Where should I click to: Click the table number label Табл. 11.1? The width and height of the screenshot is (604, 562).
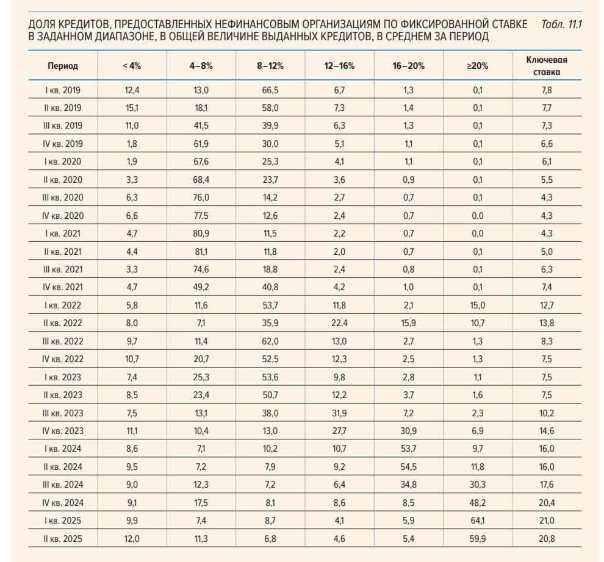pyautogui.click(x=561, y=24)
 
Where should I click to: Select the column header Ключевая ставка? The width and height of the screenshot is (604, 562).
pyautogui.click(x=547, y=66)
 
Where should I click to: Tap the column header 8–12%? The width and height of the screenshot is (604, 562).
pyautogui.click(x=270, y=66)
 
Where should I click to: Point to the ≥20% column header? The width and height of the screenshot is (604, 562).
pyautogui.click(x=478, y=66)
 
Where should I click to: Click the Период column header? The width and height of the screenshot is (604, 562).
pyautogui.click(x=63, y=66)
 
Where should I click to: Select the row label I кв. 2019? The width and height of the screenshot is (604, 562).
pyautogui.click(x=63, y=90)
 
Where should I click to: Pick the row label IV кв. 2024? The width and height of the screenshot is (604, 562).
pyautogui.click(x=63, y=503)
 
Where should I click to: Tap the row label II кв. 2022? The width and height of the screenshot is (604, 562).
pyautogui.click(x=63, y=323)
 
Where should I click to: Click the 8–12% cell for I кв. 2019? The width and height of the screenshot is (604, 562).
pyautogui.click(x=270, y=90)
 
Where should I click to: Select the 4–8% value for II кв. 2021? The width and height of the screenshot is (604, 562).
pyautogui.click(x=201, y=252)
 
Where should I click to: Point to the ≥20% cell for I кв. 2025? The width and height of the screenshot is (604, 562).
pyautogui.click(x=478, y=521)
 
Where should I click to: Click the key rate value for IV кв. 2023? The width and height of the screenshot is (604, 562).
pyautogui.click(x=547, y=431)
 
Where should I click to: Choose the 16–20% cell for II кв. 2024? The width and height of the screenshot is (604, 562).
pyautogui.click(x=408, y=466)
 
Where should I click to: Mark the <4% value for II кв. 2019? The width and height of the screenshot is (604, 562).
pyautogui.click(x=132, y=108)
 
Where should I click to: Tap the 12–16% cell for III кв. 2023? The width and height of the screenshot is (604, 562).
pyautogui.click(x=339, y=413)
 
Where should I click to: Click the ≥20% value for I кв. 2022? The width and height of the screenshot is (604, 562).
pyautogui.click(x=478, y=305)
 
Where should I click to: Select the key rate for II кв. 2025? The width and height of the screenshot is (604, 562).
pyautogui.click(x=547, y=538)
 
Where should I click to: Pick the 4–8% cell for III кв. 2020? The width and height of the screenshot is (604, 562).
pyautogui.click(x=201, y=197)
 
